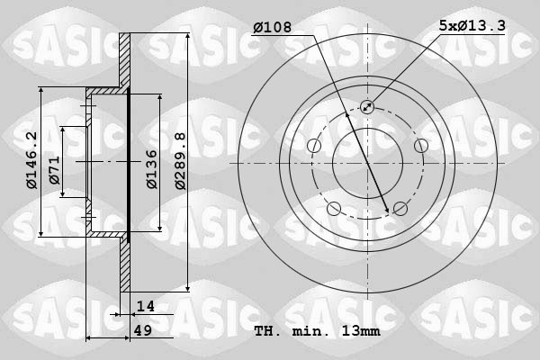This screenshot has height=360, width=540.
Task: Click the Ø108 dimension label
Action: point(274,29)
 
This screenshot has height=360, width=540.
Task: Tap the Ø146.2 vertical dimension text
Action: point(32,160)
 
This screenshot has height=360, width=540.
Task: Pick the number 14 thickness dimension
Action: point(146,307)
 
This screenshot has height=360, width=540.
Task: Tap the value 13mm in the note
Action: point(360,331)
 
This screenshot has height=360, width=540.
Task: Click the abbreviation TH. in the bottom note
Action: point(269,331)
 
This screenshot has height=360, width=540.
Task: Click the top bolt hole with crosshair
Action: point(367,107)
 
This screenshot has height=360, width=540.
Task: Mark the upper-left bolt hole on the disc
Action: point(314,146)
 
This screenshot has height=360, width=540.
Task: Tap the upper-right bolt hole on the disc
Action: point(420,146)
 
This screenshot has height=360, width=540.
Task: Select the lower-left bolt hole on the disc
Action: point(334,209)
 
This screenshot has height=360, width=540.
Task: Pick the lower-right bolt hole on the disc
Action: point(400,209)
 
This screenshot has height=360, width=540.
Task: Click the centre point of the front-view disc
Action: point(367,164)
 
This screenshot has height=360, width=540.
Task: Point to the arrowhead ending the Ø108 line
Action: point(389,211)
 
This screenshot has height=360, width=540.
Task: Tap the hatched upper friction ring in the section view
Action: point(125,63)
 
